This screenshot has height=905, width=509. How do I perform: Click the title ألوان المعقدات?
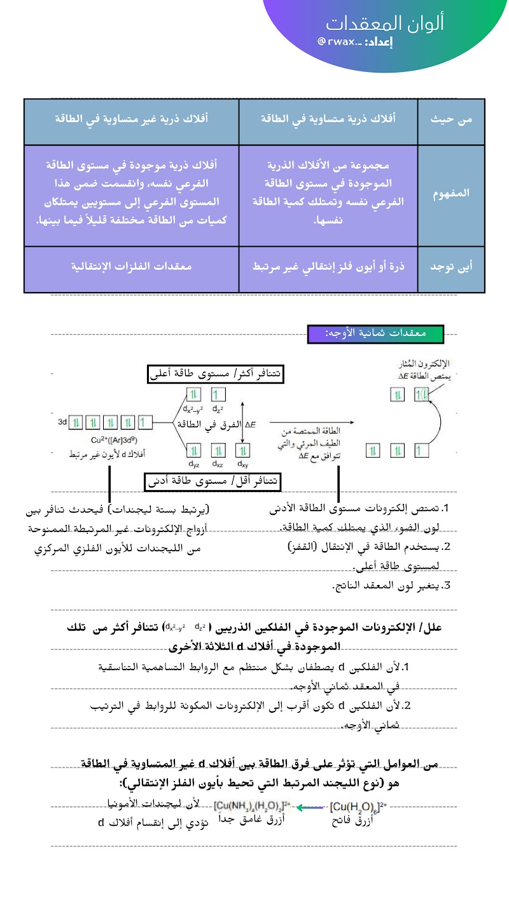tap(385, 23)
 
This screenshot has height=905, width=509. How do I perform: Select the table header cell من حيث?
tap(450, 119)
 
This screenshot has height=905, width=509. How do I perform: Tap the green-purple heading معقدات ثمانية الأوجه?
tap(375, 333)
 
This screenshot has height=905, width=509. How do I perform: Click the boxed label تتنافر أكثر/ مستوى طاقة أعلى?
tap(214, 375)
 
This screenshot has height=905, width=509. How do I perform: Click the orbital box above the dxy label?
tap(242, 450)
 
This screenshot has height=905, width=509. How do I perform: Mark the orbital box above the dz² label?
tap(218, 395)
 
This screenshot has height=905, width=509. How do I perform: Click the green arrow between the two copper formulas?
tap(309, 807)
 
